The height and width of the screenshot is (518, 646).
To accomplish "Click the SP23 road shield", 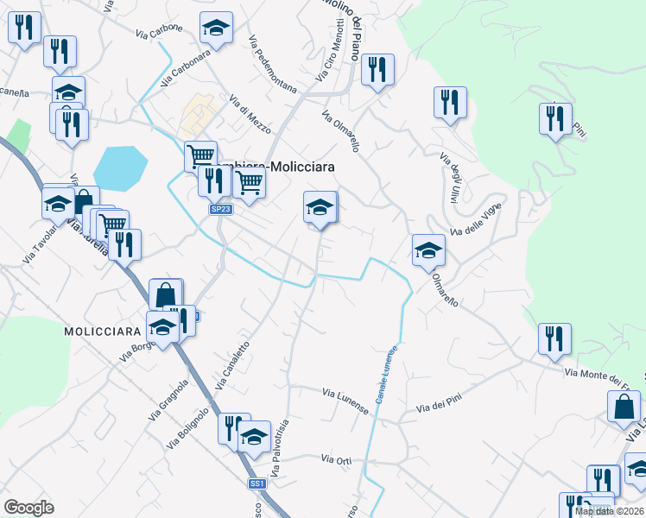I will pyautogui.click(x=220, y=209).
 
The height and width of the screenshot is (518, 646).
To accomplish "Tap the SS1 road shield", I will pyautogui.click(x=256, y=483).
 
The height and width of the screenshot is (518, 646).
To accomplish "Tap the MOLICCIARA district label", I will pyautogui.click(x=102, y=332).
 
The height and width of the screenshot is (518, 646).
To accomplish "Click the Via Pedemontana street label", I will pyautogui.click(x=272, y=64).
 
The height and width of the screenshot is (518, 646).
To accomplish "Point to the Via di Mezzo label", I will pyautogui.click(x=250, y=115).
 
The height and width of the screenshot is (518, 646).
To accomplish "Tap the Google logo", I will pyautogui.click(x=29, y=508).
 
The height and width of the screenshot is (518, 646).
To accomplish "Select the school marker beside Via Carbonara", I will pyautogui.click(x=216, y=28).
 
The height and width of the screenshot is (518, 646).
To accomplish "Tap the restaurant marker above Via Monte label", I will pyautogui.click(x=553, y=339).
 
